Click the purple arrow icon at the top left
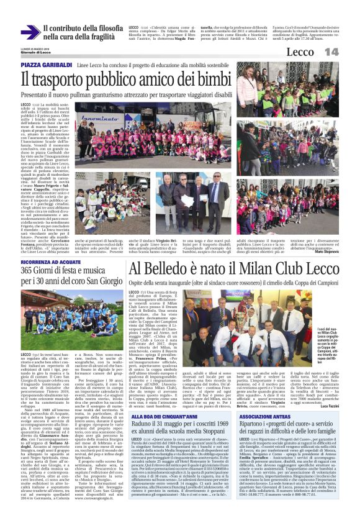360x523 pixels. pyautogui.click(x=30, y=33)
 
